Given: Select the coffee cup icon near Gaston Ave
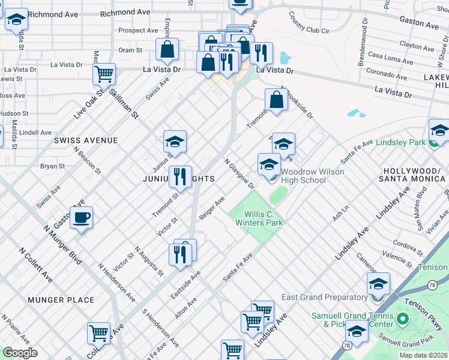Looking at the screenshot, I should point(82,217).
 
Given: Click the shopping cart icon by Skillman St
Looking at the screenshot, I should point(104,74).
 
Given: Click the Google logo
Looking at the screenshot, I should point(20,352).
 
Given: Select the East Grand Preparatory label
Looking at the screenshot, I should point(324,297).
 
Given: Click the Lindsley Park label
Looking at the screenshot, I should point(400,142).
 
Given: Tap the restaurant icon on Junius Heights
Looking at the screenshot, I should point(180,176).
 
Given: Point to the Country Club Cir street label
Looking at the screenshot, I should point(309,26).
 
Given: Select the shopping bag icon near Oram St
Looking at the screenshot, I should point(167,50).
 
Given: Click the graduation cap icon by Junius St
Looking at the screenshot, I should point(175,142).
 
